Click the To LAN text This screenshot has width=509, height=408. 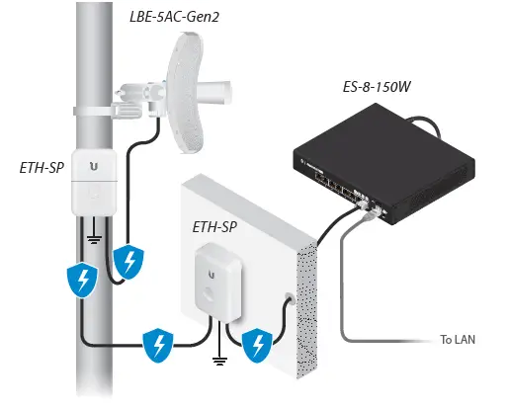point(459,341)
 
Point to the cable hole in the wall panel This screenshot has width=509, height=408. point(287,295)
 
